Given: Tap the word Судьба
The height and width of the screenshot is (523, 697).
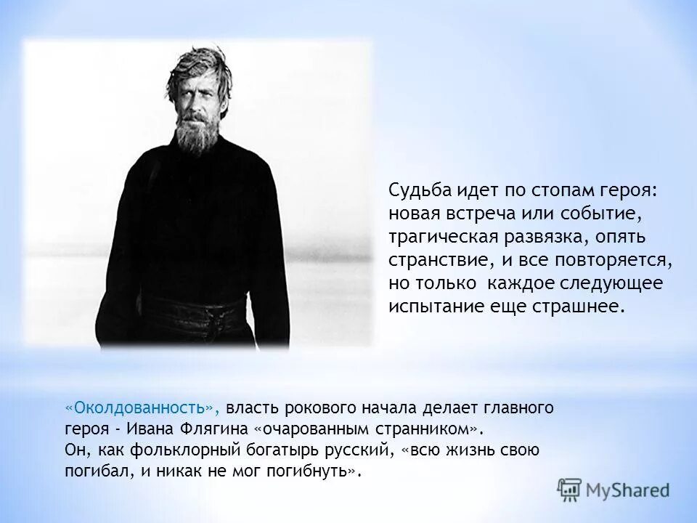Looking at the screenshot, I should click(x=420, y=190).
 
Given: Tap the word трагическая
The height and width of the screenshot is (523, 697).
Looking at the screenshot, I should click(x=442, y=236).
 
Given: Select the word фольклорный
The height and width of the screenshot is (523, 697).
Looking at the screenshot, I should click(x=182, y=449).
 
